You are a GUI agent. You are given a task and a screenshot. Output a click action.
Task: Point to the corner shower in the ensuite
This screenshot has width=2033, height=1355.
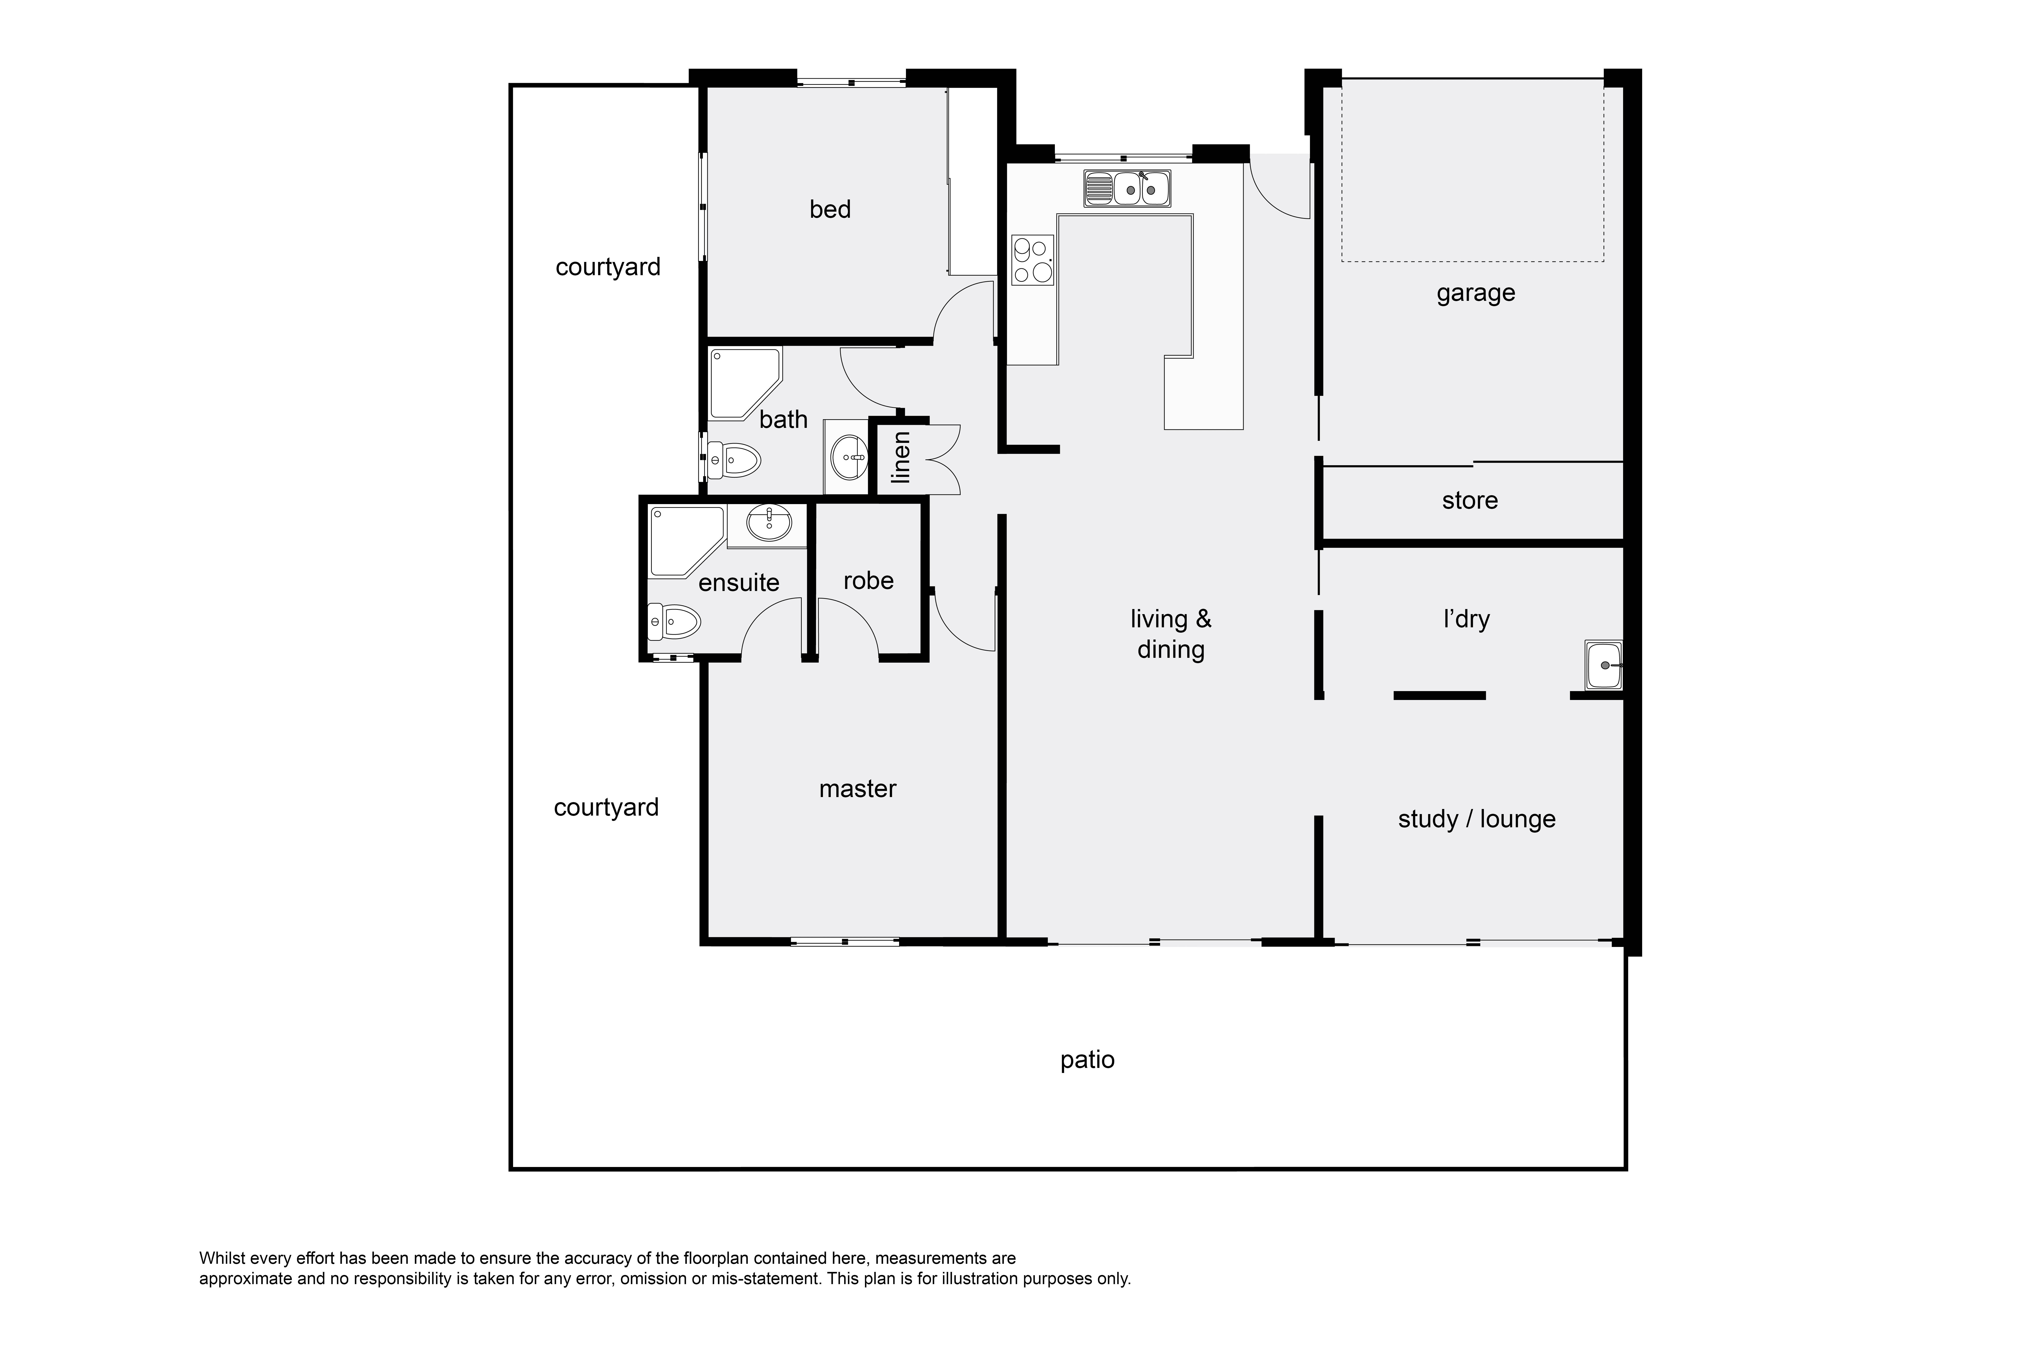(x=687, y=542)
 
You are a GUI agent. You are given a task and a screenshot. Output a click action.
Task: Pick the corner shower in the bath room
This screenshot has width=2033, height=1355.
(x=745, y=383)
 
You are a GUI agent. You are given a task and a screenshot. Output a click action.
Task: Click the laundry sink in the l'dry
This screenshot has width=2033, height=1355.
(x=1604, y=665)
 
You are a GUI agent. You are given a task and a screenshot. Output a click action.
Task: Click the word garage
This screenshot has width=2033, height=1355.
(x=1475, y=294)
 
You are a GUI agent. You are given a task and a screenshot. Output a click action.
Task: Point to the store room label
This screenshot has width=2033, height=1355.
(x=1469, y=500)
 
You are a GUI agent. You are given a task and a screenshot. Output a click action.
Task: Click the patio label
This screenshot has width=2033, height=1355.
(x=1087, y=1060)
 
